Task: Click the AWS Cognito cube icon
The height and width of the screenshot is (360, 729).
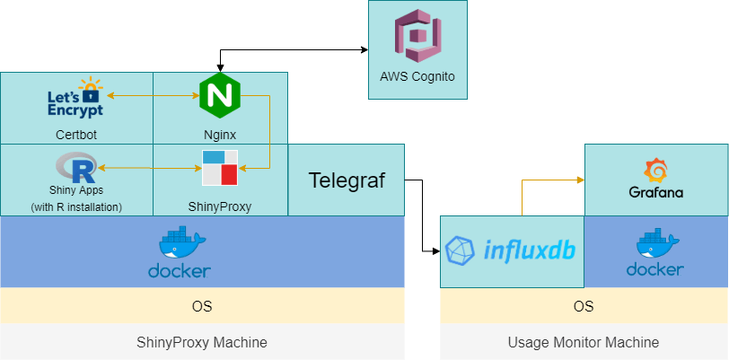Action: pyautogui.click(x=417, y=35)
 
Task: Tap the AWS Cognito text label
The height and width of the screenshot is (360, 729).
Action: pyautogui.click(x=417, y=77)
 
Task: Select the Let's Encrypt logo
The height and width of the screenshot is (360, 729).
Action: pyautogui.click(x=75, y=99)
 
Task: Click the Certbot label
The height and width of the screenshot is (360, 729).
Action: pyautogui.click(x=75, y=135)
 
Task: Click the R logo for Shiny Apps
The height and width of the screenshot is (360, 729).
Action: pyautogui.click(x=75, y=167)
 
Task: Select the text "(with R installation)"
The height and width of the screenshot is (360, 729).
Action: pyautogui.click(x=76, y=206)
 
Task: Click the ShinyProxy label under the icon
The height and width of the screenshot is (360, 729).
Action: pyautogui.click(x=219, y=206)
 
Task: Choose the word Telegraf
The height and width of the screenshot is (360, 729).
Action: pyautogui.click(x=347, y=180)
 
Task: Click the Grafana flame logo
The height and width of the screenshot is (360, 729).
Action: pyautogui.click(x=654, y=170)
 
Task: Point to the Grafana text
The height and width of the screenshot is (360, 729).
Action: pyautogui.click(x=654, y=192)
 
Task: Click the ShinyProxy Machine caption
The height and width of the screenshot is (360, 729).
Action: pyautogui.click(x=201, y=342)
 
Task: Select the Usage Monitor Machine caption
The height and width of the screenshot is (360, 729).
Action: pyautogui.click(x=584, y=342)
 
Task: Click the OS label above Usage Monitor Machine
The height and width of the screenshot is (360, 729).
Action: pyautogui.click(x=584, y=306)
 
